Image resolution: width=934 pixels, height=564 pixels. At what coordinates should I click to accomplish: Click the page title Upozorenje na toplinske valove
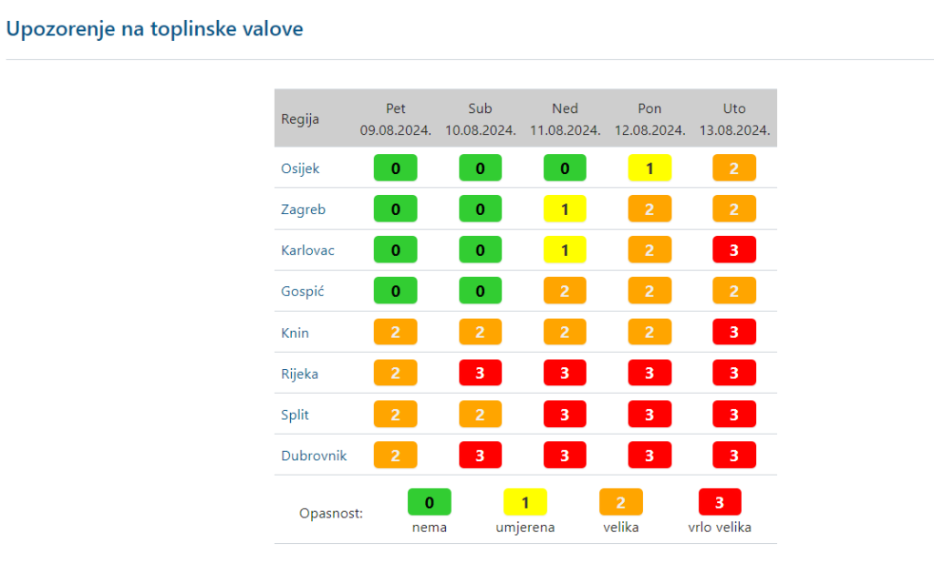154,29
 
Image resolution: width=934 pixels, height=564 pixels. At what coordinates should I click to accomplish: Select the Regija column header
300,118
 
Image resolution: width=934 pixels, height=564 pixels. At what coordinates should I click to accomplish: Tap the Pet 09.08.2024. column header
395,118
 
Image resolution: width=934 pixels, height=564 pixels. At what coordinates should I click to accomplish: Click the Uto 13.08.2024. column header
734,118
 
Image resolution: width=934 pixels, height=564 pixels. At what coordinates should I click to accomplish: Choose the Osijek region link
300,169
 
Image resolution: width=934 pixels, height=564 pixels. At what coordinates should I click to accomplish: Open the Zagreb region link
303,210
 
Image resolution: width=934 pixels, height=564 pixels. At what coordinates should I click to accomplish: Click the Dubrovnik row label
314,456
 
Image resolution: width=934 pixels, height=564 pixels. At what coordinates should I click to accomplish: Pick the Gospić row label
303,292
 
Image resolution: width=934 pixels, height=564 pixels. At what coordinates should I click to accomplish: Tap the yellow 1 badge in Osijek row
649,169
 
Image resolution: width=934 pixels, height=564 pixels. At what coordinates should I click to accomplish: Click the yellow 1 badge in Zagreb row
565,210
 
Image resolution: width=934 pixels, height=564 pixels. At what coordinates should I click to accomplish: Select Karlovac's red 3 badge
734,251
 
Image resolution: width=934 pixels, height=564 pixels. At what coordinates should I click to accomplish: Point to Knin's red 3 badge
734,333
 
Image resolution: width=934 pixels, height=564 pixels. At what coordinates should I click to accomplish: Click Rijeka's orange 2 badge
395,374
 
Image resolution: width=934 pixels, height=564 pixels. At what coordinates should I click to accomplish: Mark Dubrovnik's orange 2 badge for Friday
395,456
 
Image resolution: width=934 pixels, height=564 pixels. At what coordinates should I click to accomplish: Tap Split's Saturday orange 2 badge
480,415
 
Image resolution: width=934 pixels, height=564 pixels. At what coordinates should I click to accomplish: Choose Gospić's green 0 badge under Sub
480,292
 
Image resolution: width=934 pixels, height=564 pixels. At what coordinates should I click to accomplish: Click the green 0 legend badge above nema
429,502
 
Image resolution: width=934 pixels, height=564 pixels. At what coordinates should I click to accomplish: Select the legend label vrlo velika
720,528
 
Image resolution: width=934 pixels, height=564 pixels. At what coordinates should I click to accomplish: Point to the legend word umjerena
525,528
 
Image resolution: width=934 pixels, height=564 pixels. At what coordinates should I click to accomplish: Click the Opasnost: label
331,514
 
